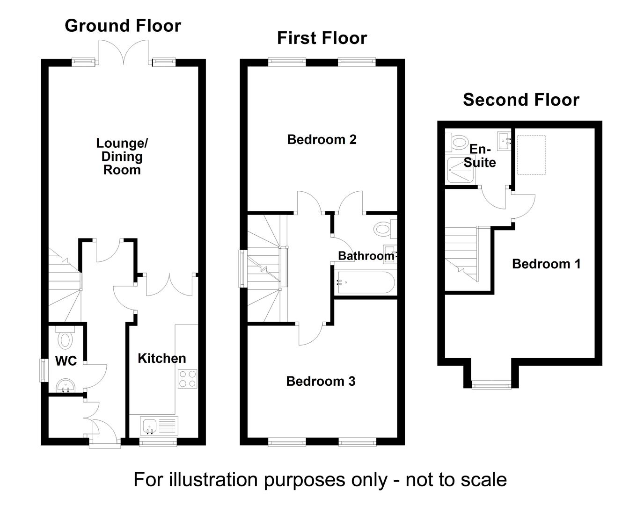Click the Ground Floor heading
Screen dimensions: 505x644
[123, 26]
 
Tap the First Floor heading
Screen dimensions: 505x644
[322, 38]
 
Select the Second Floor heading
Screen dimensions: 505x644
[521, 100]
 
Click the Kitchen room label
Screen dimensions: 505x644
[161, 358]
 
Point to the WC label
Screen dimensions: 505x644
[66, 361]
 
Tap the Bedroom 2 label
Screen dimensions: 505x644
[322, 139]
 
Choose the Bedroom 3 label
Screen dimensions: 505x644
[321, 381]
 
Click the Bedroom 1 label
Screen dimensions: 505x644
[546, 264]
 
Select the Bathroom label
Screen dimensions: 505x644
[366, 256]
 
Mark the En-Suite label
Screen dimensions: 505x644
[480, 156]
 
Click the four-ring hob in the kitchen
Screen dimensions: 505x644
[188, 378]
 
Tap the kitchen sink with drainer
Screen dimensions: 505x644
[159, 426]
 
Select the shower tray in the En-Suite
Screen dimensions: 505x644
[460, 169]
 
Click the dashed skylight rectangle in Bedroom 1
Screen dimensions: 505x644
[531, 155]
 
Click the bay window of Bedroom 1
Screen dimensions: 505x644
[491, 385]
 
